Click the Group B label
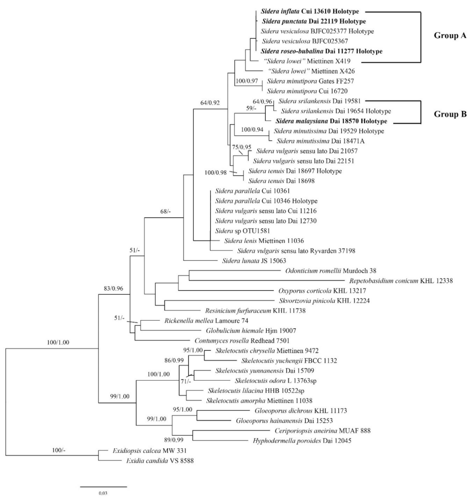(450, 114)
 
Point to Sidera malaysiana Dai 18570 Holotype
(331, 121)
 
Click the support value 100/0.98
(216, 172)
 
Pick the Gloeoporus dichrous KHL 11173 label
(301, 411)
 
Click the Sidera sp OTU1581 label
(243, 231)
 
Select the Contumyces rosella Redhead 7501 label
(242, 341)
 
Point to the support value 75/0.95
(242, 147)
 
